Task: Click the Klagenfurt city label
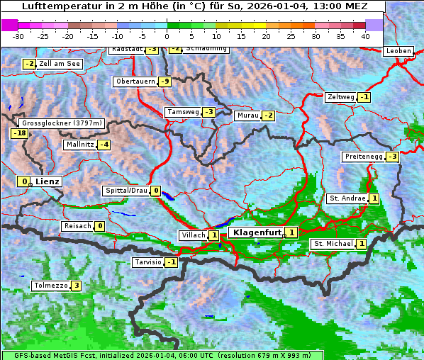click(x=254, y=232)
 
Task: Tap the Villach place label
click(x=192, y=235)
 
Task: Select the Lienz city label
click(x=48, y=181)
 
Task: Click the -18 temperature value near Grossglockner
click(x=19, y=133)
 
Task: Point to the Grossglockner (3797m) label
click(x=63, y=123)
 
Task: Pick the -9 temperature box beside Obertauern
click(x=164, y=81)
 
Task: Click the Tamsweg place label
click(x=182, y=112)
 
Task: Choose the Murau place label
click(x=247, y=116)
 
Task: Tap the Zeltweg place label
click(x=341, y=96)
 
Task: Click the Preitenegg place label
click(x=364, y=157)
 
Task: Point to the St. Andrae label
click(x=347, y=198)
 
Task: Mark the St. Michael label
click(x=333, y=244)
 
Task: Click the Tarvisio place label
click(x=147, y=262)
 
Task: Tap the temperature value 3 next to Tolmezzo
click(x=76, y=286)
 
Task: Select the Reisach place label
click(x=78, y=226)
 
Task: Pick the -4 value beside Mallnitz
click(x=104, y=145)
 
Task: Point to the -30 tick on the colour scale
click(x=18, y=35)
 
